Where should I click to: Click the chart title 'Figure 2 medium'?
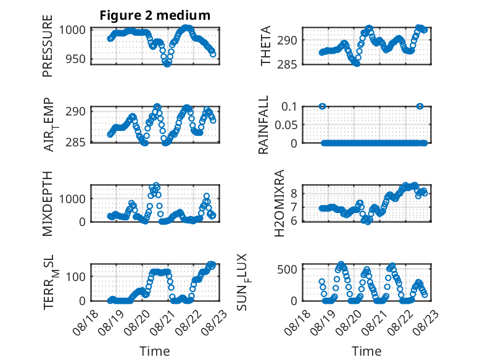(x=155, y=15)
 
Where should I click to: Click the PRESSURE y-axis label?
(x=48, y=46)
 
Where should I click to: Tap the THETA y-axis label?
(x=266, y=46)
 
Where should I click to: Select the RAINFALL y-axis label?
(x=263, y=125)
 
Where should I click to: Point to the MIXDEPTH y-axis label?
(x=48, y=204)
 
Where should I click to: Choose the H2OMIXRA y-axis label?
(x=279, y=203)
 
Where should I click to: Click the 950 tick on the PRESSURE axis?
(x=75, y=59)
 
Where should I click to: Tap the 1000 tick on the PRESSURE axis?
(x=72, y=30)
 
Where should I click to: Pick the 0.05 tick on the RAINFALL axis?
(x=286, y=125)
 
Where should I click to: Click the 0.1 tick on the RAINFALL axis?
(x=289, y=107)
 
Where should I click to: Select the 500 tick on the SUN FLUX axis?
(x=287, y=269)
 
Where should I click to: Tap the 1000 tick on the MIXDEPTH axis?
(x=72, y=199)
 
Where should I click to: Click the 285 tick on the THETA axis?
(x=287, y=64)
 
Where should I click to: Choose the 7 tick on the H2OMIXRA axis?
(x=294, y=207)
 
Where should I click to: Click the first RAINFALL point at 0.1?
(x=322, y=106)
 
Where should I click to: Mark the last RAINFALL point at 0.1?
(x=420, y=106)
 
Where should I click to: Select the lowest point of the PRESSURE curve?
(x=167, y=64)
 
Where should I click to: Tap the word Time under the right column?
(x=366, y=351)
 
